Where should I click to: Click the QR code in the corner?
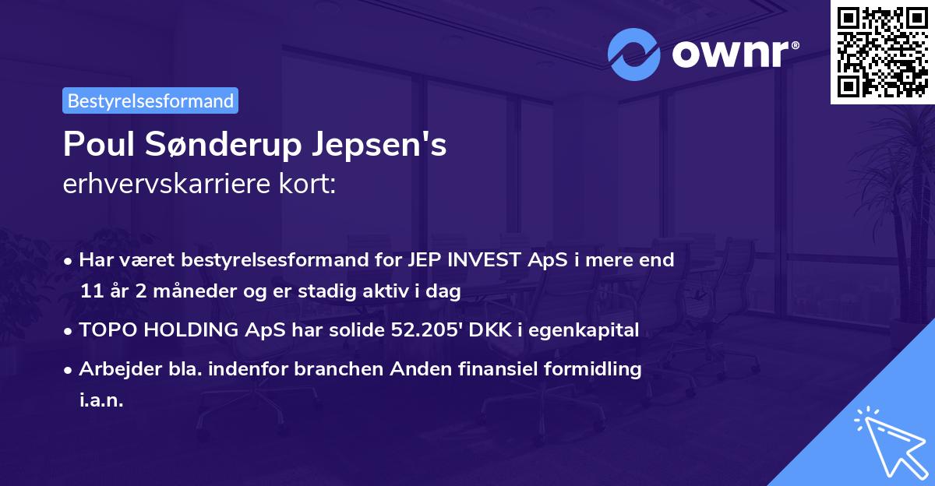883,51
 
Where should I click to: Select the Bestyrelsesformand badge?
150,100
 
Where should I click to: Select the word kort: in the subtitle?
310,185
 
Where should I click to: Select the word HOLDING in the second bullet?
180,330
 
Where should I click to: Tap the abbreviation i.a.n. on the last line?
101,401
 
